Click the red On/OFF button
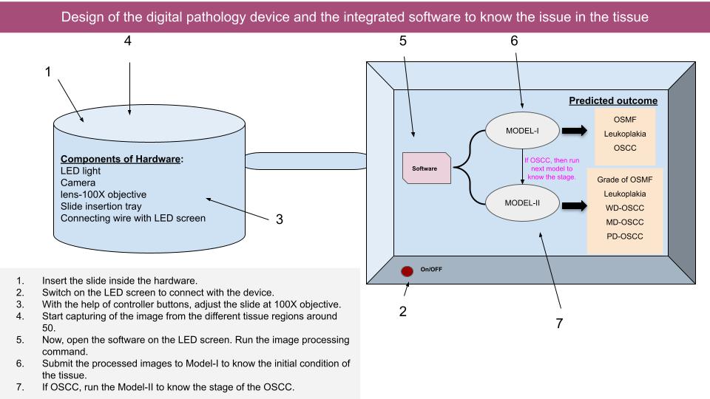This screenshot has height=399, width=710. [407, 271]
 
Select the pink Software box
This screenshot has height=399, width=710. [427, 168]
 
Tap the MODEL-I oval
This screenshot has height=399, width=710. [522, 131]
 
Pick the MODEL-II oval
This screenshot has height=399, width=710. [522, 202]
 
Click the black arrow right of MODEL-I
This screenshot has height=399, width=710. [574, 131]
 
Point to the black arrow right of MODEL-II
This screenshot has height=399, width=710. [574, 206]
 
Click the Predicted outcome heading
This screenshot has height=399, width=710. [613, 101]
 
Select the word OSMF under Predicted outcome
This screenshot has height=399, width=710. [625, 120]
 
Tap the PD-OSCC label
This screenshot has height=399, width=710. [625, 236]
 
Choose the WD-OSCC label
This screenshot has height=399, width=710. [625, 208]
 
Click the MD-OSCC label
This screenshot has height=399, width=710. [625, 222]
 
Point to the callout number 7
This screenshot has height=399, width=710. [560, 323]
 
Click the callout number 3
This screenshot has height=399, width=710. [280, 219]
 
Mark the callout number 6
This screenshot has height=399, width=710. [514, 41]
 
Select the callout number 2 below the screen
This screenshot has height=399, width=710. [403, 311]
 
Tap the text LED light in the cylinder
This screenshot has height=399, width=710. [81, 171]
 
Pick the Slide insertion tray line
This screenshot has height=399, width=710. [101, 206]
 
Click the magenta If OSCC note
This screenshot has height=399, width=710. [552, 168]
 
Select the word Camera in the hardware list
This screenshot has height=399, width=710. [78, 183]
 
